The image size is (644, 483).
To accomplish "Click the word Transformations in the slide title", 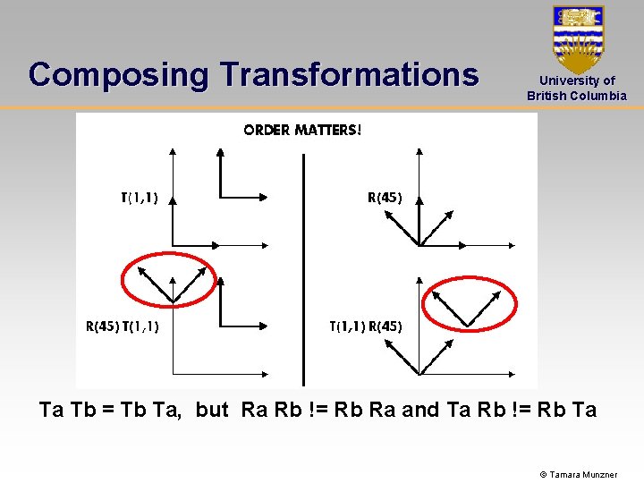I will [350, 73].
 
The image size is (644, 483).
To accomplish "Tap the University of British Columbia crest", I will [578, 38].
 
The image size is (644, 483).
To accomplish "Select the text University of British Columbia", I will [577, 89].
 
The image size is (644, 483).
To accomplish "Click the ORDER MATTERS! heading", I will [303, 130].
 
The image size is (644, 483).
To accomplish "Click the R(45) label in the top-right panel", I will [385, 199].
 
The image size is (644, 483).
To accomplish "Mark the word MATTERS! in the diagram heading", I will [328, 130].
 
